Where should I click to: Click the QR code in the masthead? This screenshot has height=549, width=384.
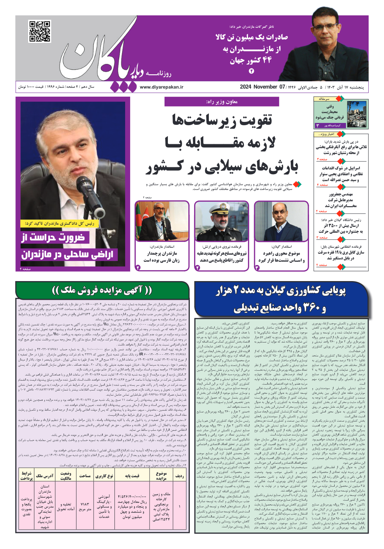point(39,31)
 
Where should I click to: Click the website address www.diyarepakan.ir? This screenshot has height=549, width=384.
point(161,87)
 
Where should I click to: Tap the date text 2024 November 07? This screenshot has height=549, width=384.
point(262,87)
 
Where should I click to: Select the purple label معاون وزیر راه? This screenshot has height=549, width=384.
point(222,102)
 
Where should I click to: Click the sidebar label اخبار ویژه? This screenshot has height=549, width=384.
point(326,134)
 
